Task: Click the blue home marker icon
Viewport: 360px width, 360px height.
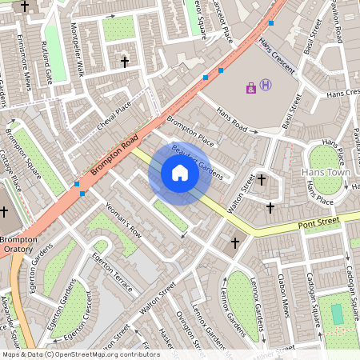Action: tap(180, 173)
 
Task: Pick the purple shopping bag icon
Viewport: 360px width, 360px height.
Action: tap(251, 87)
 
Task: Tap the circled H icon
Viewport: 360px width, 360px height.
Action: tap(266, 85)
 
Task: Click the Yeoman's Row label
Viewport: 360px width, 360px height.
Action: tap(124, 221)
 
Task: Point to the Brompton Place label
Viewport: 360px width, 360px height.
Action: tap(190, 130)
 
